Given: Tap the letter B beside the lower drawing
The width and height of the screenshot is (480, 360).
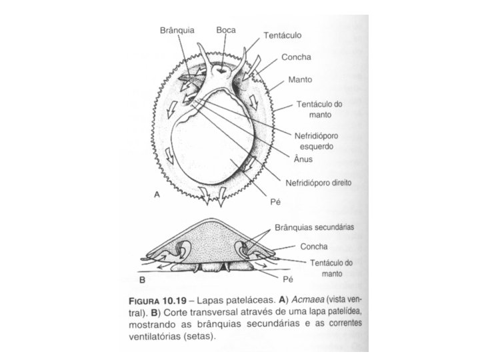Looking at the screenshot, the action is (142, 281).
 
